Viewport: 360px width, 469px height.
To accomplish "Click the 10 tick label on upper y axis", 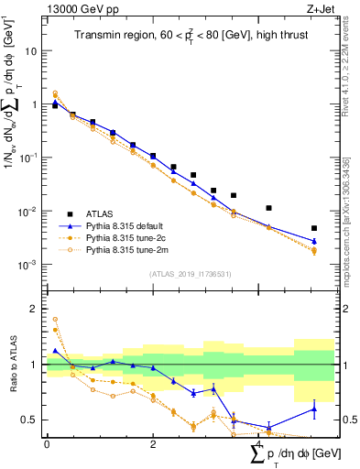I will [31, 51].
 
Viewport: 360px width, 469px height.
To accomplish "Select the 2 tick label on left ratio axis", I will [34, 309].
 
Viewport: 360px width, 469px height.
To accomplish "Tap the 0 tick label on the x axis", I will [47, 444].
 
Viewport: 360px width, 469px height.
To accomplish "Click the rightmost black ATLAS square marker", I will [314, 228].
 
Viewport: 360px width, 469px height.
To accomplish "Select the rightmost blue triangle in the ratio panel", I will [314, 409].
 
